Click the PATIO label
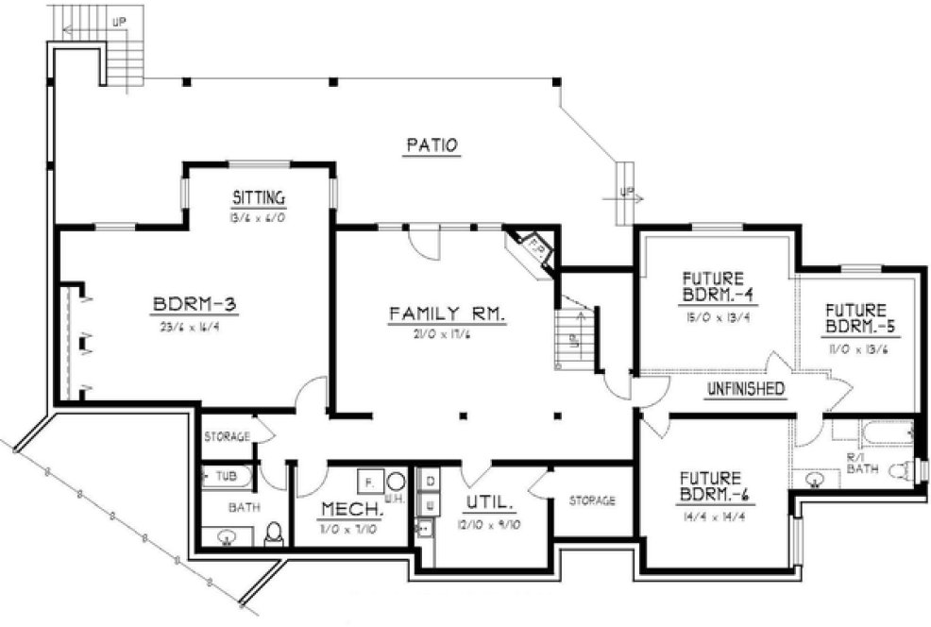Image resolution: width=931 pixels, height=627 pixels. click(x=432, y=145)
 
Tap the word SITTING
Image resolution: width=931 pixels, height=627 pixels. click(x=258, y=197)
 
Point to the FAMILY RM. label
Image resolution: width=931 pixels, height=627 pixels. click(x=448, y=313)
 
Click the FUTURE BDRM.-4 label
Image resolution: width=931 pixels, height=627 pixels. click(x=725, y=286)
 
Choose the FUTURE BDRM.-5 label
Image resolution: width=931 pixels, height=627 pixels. click(x=855, y=318)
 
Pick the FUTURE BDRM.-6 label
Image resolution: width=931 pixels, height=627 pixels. click(x=715, y=486)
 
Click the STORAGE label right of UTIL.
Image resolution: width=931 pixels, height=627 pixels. click(x=591, y=500)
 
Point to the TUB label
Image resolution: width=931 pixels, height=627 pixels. click(x=224, y=476)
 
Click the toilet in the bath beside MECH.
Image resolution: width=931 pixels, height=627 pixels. click(x=274, y=534)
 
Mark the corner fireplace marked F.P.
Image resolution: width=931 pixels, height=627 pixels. click(x=534, y=247)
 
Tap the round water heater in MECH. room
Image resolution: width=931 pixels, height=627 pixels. click(x=396, y=480)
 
